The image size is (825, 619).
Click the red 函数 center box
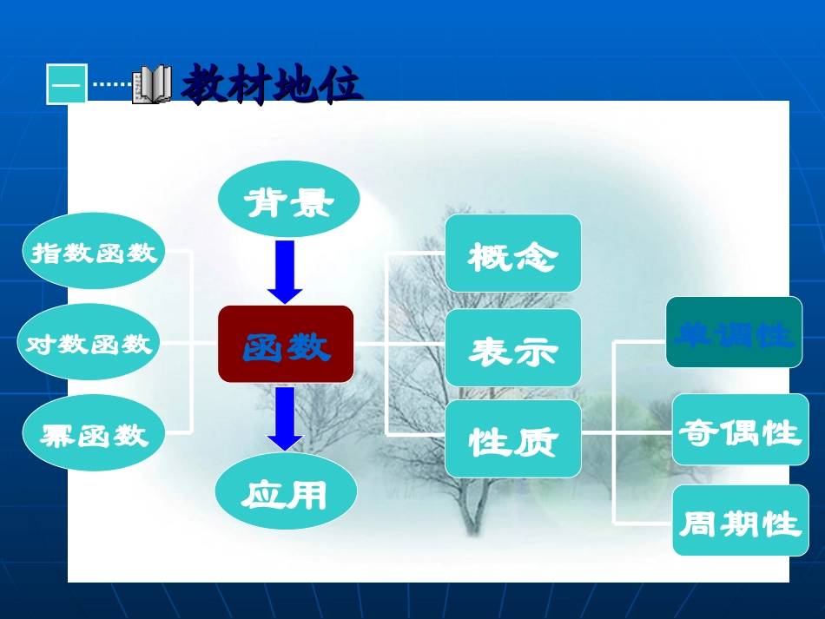tap(286, 345)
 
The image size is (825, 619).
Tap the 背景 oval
tap(287, 202)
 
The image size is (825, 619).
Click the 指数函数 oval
tap(94, 252)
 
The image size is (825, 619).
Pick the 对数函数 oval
tap(89, 344)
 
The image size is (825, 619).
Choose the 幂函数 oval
tap(93, 434)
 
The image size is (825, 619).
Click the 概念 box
tap(513, 254)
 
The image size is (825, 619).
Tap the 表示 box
tap(513, 348)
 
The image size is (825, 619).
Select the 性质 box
tap(513, 439)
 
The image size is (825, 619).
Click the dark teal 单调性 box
tap(734, 333)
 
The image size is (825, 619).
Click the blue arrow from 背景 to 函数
tap(285, 271)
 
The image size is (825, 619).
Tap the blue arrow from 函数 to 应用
tap(285, 418)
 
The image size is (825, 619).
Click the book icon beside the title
tap(152, 85)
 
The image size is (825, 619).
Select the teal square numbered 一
tap(67, 85)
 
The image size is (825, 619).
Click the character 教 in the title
tap(207, 85)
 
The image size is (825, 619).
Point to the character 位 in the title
tap(340, 85)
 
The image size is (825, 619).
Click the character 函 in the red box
tap(264, 346)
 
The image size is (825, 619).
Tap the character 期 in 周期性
tap(740, 523)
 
